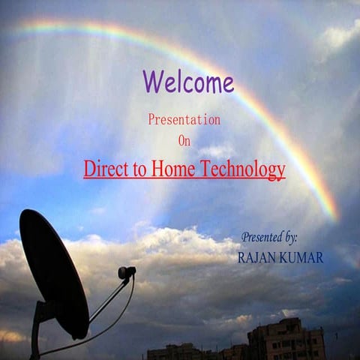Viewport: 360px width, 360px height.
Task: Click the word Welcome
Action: (188, 81)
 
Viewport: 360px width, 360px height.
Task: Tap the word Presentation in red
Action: (184, 119)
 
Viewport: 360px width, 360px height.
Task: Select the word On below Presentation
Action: (184, 140)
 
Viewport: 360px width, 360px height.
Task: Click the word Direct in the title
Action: (103, 169)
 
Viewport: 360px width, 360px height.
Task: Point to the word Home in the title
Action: (174, 169)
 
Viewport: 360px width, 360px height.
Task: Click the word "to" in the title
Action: (136, 170)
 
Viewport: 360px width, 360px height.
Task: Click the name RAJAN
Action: (256, 258)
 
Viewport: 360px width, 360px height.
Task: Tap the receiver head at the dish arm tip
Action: (127, 272)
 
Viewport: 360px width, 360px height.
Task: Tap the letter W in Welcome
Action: (152, 81)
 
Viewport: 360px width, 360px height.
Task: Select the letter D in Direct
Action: (89, 169)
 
